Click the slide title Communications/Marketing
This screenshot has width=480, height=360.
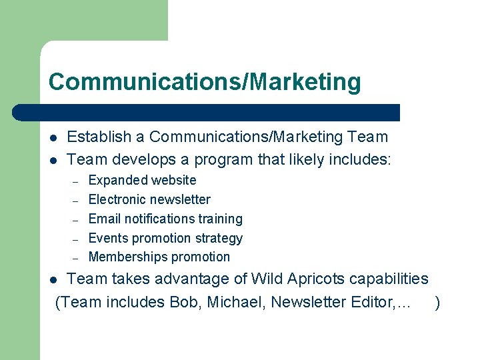tap(205, 82)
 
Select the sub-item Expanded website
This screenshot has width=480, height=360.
tap(142, 180)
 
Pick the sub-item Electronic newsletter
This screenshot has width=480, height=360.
tap(149, 199)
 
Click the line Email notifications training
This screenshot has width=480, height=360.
tap(165, 219)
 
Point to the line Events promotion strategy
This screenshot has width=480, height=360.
tap(165, 238)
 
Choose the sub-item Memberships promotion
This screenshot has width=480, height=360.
tap(159, 257)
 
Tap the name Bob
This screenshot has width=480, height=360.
tap(184, 303)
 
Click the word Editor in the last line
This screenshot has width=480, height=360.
tap(369, 303)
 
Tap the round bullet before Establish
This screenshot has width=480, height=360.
tap(53, 138)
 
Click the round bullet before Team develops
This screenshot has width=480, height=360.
tap(53, 161)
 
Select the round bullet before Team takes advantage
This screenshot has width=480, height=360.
tap(53, 279)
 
